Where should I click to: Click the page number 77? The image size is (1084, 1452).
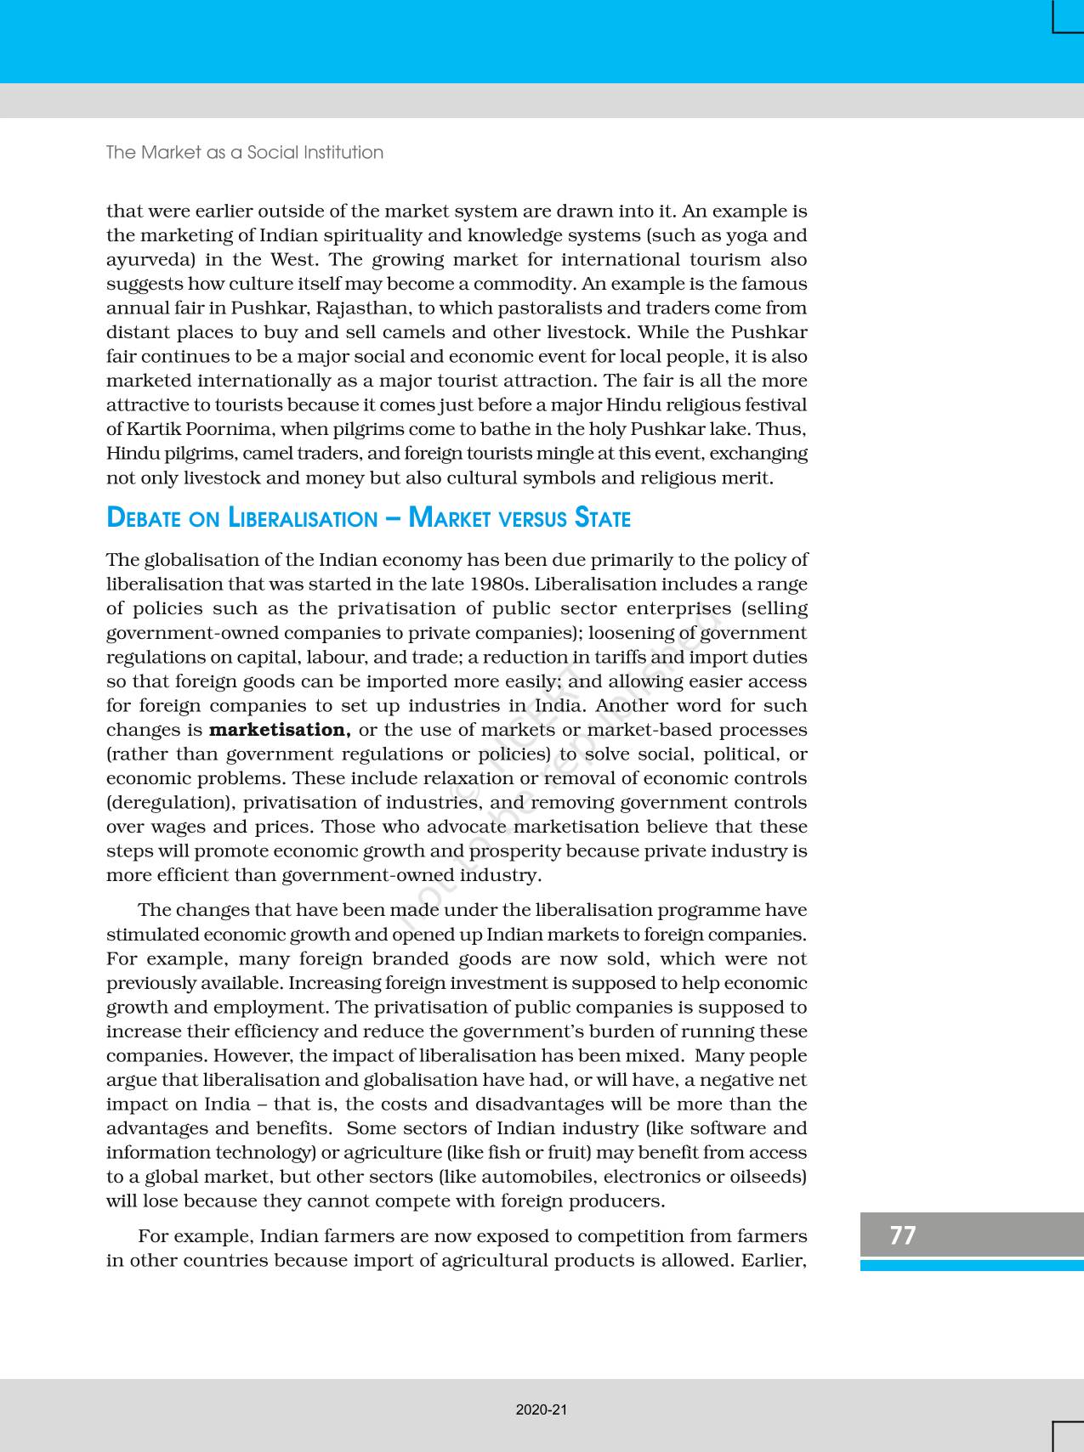[x=903, y=1234]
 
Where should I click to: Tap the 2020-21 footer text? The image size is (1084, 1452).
[x=541, y=1410]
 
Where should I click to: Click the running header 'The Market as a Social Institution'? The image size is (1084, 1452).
[x=245, y=152]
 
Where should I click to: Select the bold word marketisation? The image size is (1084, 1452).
[x=280, y=730]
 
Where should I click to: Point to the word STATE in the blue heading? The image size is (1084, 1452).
[x=603, y=518]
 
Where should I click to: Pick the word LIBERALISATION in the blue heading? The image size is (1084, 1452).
[x=303, y=518]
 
